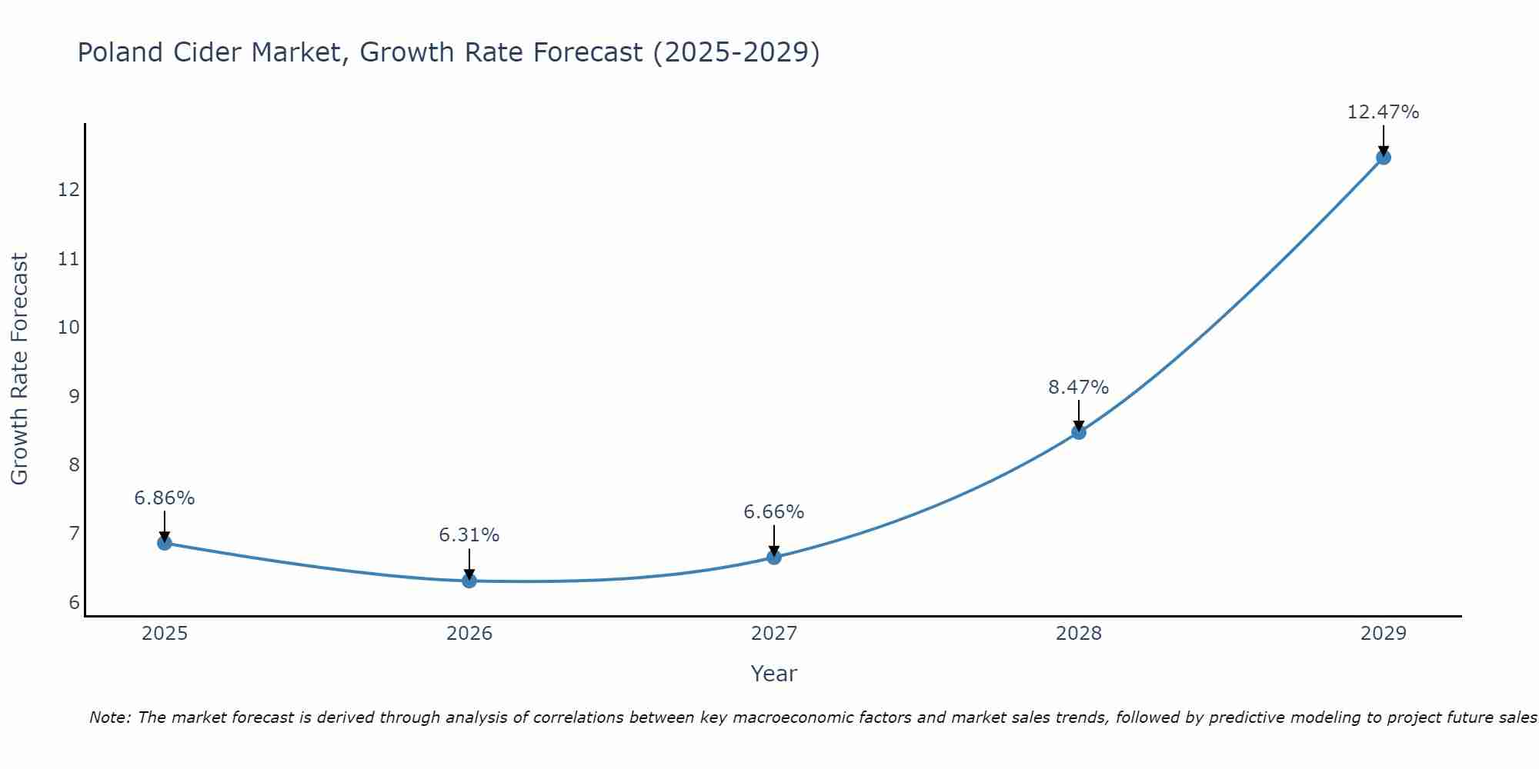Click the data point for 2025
coord(165,543)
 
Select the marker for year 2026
coord(469,581)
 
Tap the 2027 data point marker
coord(774,557)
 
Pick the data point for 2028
coord(1079,432)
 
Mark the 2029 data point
coord(1384,158)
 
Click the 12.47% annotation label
coord(1383,112)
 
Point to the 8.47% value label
coord(1078,388)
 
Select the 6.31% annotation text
coord(469,535)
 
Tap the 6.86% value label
coord(164,498)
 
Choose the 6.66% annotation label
coord(773,512)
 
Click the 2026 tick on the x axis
coord(469,634)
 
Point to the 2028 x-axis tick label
coord(1079,634)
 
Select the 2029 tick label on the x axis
coord(1384,634)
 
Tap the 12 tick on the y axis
coord(68,190)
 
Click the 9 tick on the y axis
coord(74,397)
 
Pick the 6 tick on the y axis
coord(74,603)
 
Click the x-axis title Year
coord(773,674)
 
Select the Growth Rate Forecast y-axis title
coord(19,369)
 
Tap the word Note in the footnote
coord(110,717)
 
